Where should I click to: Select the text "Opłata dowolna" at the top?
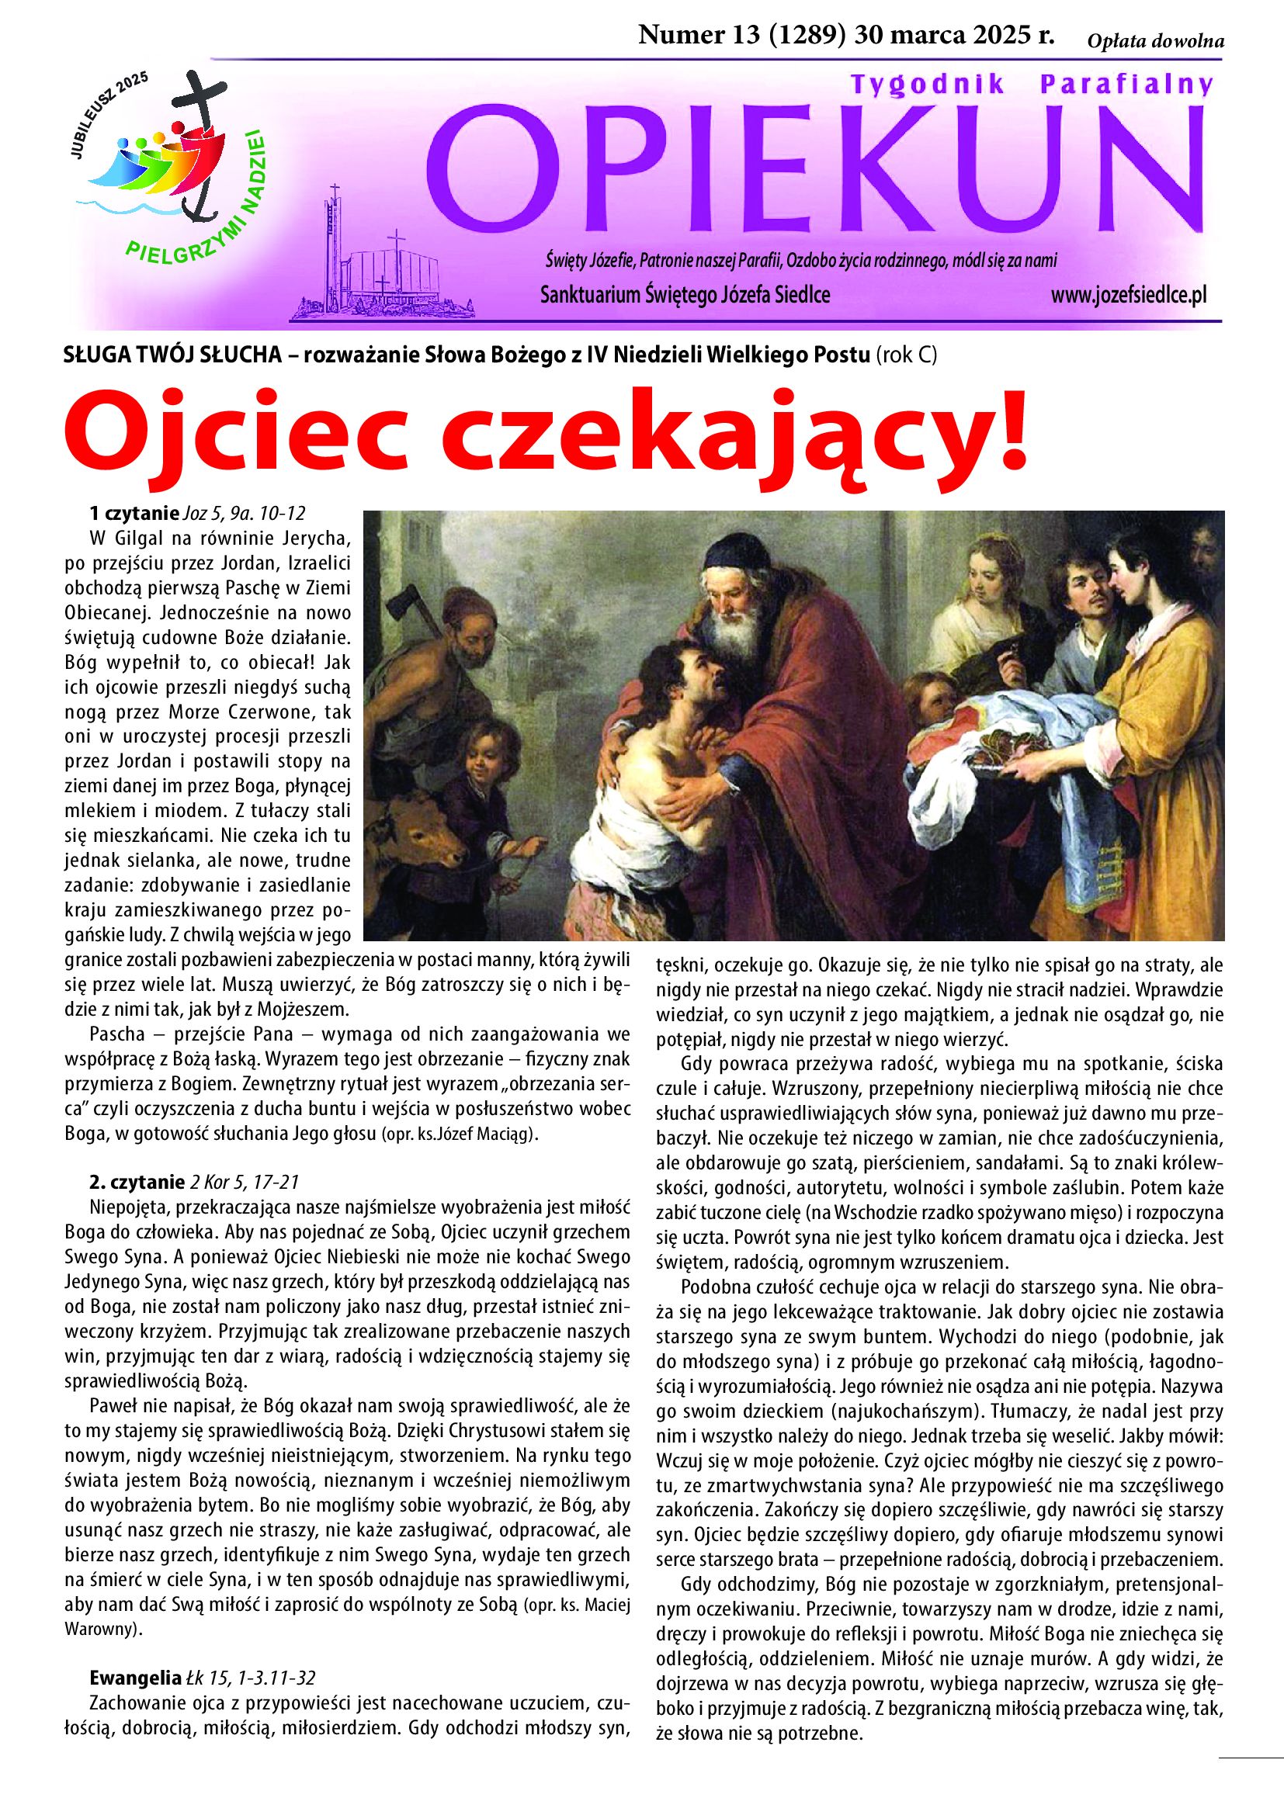[x=1155, y=42]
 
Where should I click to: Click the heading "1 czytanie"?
[x=134, y=513]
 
